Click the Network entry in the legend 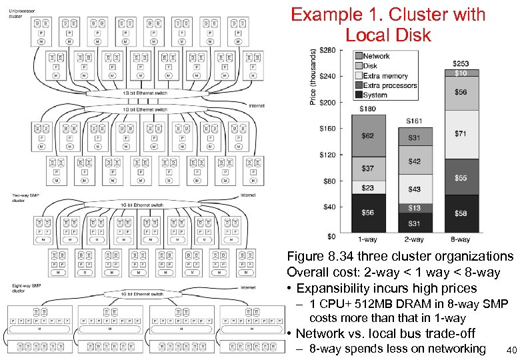[x=376, y=56]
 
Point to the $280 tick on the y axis [x=327, y=50]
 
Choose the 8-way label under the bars [x=460, y=239]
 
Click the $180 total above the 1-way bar [x=367, y=109]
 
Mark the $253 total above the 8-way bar [x=461, y=64]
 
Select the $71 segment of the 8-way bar [x=461, y=134]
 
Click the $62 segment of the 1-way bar [x=368, y=136]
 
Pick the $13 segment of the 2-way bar [x=414, y=208]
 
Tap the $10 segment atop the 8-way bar [x=461, y=73]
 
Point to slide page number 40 [x=511, y=351]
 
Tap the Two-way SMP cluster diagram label [x=23, y=197]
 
